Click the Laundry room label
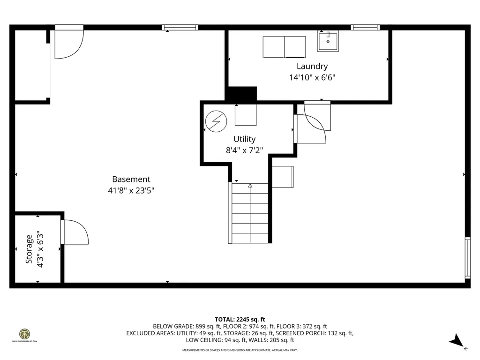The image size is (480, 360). pyautogui.click(x=312, y=67)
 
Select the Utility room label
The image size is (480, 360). pyautogui.click(x=245, y=139)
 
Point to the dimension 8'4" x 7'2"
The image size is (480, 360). pyautogui.click(x=245, y=150)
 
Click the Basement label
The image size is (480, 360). pyautogui.click(x=131, y=179)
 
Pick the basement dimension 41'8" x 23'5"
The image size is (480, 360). pyautogui.click(x=131, y=191)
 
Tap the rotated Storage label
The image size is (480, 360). pyautogui.click(x=29, y=249)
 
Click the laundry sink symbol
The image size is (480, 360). pyautogui.click(x=328, y=41)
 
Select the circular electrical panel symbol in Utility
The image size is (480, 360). pyautogui.click(x=216, y=122)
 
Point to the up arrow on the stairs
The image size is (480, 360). pyautogui.click(x=250, y=186)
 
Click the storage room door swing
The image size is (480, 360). pyautogui.click(x=75, y=231)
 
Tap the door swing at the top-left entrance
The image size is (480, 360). pyautogui.click(x=69, y=44)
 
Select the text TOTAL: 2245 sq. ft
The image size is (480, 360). pyautogui.click(x=240, y=319)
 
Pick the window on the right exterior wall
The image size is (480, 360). pyautogui.click(x=467, y=258)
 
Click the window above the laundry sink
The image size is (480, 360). pyautogui.click(x=365, y=27)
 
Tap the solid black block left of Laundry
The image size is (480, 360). pyautogui.click(x=241, y=94)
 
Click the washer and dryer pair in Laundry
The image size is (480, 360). pyautogui.click(x=284, y=47)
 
